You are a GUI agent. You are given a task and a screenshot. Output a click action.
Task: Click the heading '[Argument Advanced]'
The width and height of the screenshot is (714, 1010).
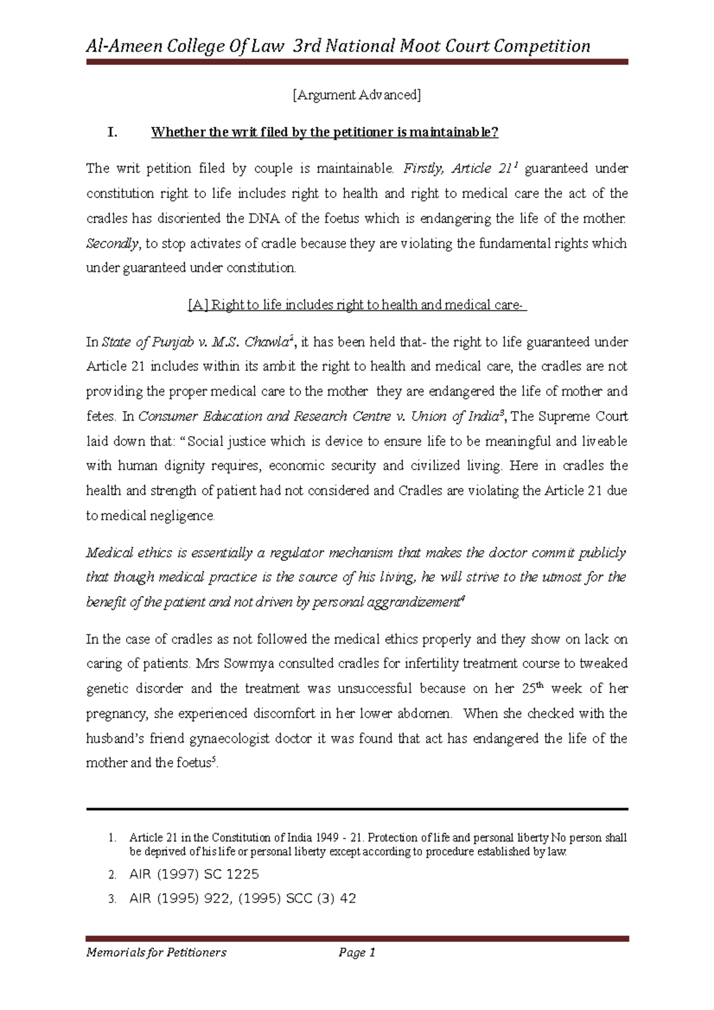coord(356,95)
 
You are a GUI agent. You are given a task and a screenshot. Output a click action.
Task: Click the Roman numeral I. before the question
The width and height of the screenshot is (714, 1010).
coord(112,132)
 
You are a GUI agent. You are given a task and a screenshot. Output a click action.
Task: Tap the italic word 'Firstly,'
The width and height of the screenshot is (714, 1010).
coord(423,169)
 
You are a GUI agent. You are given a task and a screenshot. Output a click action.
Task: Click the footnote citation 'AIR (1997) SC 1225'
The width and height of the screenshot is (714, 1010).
coord(194,874)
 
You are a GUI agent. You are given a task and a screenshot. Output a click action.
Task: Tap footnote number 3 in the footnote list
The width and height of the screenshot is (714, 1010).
coord(112,899)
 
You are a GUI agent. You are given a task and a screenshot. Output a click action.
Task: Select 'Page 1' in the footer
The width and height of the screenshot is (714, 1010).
coord(356,953)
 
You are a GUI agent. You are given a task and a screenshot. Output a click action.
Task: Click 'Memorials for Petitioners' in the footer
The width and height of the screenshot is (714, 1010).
coord(156,953)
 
